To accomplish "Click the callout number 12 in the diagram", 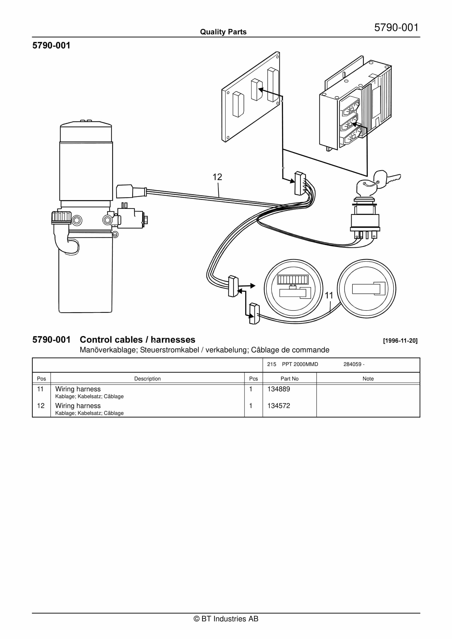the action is coord(217,177).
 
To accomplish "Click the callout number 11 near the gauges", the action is coord(329,295).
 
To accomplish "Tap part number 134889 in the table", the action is coord(279,389).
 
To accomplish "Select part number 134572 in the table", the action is coord(279,406).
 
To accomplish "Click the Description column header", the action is coord(148,379).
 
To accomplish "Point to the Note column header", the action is coord(368,379).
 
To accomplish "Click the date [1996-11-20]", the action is coord(400,341).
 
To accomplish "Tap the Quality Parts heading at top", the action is coord(223,32).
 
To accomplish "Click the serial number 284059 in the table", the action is coord(352,364).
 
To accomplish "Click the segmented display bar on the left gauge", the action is coord(293,279).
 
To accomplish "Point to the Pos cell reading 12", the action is coord(41,406).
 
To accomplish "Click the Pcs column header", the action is coord(253,379).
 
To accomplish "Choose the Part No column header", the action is coord(289,379).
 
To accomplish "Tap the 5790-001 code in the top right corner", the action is coord(396,28).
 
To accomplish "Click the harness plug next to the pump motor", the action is coord(131,191).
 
